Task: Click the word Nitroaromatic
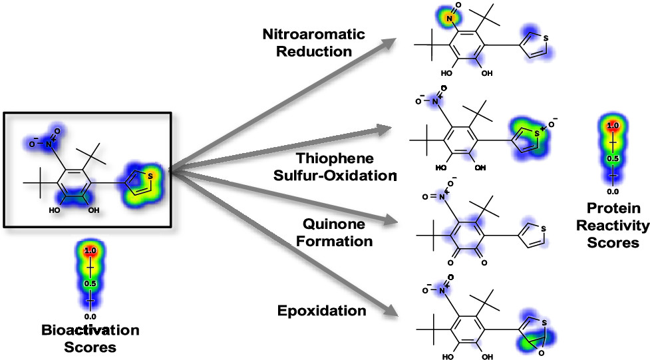pyautogui.click(x=314, y=34)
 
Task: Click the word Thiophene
pyautogui.click(x=335, y=158)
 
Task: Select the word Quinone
pyautogui.click(x=334, y=224)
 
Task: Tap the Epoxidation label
pyautogui.click(x=322, y=311)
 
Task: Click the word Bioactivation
pyautogui.click(x=90, y=330)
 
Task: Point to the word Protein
pyautogui.click(x=613, y=208)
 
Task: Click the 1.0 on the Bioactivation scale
pyautogui.click(x=90, y=251)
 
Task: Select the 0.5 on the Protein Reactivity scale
pyautogui.click(x=613, y=159)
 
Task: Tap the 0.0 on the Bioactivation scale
pyautogui.click(x=90, y=317)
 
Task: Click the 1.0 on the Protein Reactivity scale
pyautogui.click(x=613, y=125)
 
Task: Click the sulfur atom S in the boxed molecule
pyautogui.click(x=150, y=176)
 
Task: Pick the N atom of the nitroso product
pyautogui.click(x=449, y=19)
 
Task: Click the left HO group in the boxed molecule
pyautogui.click(x=55, y=210)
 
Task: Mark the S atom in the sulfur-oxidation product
pyautogui.click(x=538, y=133)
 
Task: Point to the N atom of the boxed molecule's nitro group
pyautogui.click(x=49, y=144)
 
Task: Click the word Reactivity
pyautogui.click(x=613, y=226)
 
